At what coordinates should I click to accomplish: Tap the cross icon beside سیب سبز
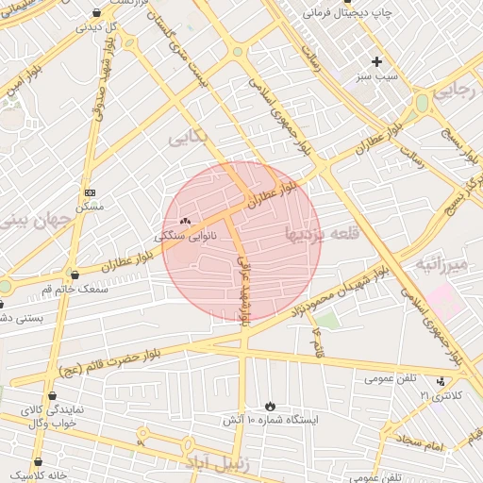coord(376,61)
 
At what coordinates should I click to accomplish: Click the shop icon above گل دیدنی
coord(97,13)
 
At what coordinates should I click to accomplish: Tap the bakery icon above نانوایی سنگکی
coord(184,222)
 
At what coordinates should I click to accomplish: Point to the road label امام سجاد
coord(420,440)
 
